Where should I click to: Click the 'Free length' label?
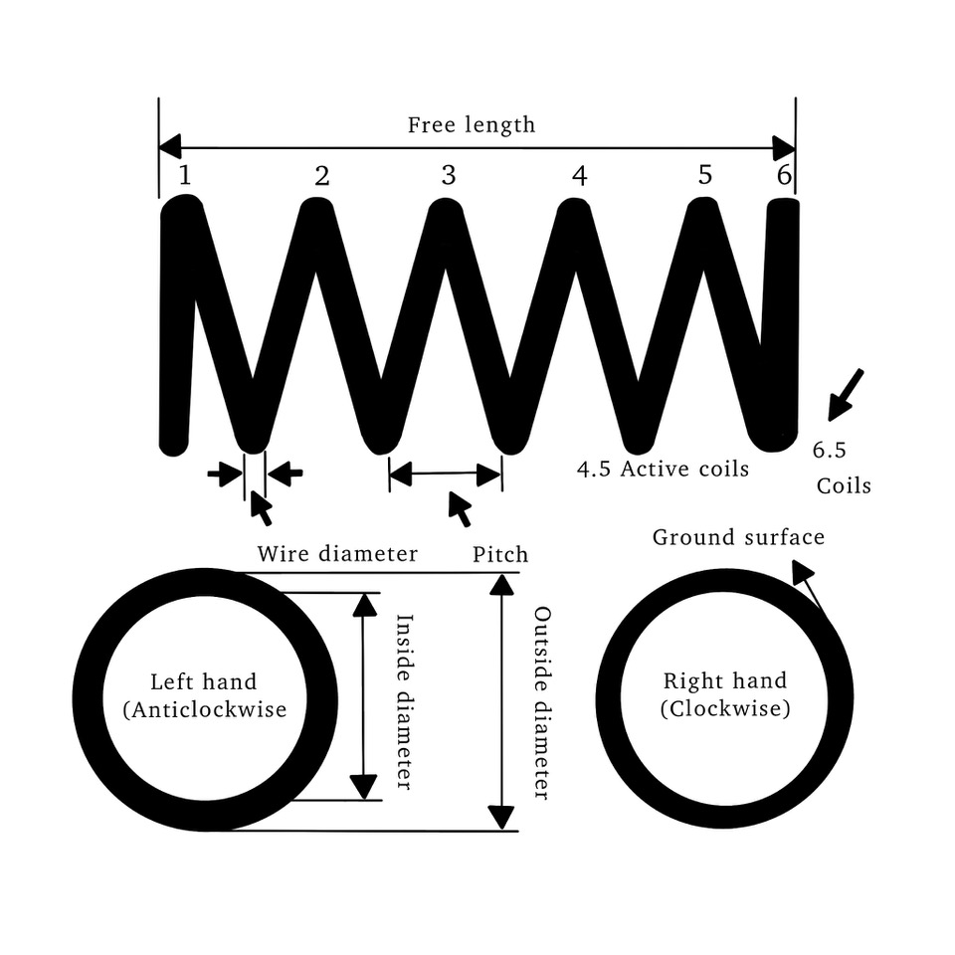471,125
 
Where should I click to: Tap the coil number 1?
185,176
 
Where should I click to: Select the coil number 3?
449,176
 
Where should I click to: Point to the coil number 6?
784,176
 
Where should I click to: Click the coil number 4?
580,176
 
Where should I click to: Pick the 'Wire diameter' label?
337,554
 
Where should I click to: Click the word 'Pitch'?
500,554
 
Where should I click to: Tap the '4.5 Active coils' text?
663,469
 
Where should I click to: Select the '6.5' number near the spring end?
829,450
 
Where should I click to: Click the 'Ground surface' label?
738,538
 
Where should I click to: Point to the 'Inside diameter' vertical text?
404,701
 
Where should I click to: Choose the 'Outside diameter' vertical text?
542,702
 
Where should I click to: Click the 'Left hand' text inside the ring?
203,682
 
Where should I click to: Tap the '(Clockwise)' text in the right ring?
725,709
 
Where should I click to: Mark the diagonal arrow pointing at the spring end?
845,393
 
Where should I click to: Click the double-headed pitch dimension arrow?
445,476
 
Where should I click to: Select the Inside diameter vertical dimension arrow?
366,696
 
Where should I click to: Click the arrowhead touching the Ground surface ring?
801,571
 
